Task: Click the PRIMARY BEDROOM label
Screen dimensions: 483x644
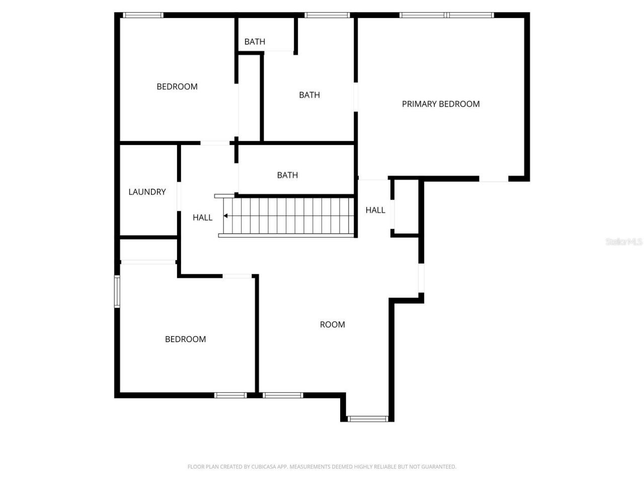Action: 441,104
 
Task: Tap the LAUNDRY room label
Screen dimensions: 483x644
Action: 147,192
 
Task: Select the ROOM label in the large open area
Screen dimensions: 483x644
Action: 333,325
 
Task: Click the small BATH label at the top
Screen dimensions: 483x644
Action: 255,42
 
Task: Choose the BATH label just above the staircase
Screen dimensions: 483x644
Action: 287,175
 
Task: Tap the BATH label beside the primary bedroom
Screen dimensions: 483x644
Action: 309,95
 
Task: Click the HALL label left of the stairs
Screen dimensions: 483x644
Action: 202,217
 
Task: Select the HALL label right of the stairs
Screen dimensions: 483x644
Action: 375,210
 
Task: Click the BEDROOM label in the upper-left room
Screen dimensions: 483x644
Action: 177,87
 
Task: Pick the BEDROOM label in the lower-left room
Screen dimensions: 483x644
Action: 186,339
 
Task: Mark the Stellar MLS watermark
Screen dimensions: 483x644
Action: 624,242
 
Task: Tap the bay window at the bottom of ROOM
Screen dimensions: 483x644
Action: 368,419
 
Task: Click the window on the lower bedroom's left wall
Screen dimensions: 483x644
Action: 117,291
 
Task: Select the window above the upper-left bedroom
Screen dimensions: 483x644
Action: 143,15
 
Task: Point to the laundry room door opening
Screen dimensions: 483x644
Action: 179,196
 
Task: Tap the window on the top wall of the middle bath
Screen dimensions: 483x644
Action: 327,15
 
